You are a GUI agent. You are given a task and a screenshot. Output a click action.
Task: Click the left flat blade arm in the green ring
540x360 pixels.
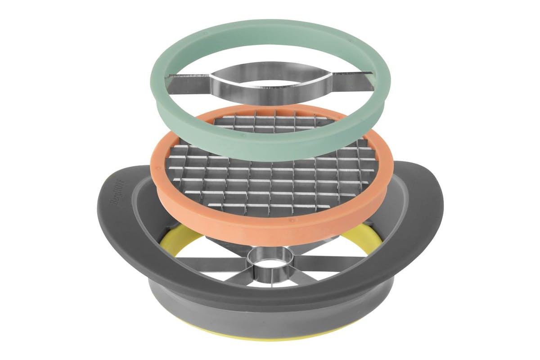pos(188,83)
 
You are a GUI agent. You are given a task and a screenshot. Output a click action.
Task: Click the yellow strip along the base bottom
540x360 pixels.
pos(270,341)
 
